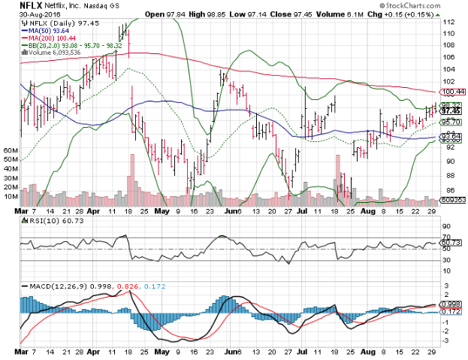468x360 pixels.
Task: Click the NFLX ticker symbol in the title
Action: pos(30,5)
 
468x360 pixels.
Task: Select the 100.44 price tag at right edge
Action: pos(454,93)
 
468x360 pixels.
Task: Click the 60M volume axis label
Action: pos(11,151)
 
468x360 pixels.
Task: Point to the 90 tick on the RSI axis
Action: pos(446,226)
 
